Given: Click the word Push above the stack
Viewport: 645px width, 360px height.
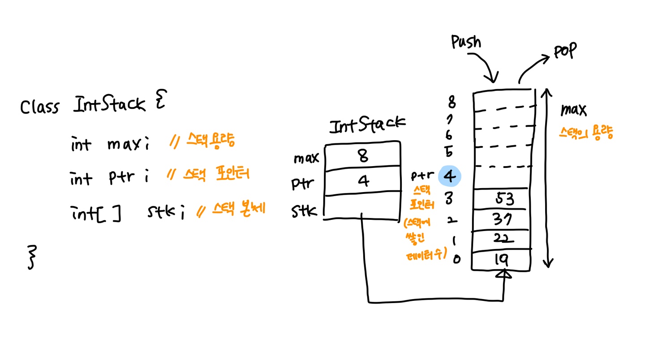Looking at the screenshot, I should click(466, 43).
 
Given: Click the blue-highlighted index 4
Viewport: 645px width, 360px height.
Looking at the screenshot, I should click(450, 176).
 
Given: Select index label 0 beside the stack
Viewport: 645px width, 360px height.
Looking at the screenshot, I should click(456, 258).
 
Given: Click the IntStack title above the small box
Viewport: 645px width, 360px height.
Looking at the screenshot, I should click(367, 126).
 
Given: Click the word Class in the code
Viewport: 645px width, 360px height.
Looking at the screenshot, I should click(39, 107).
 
